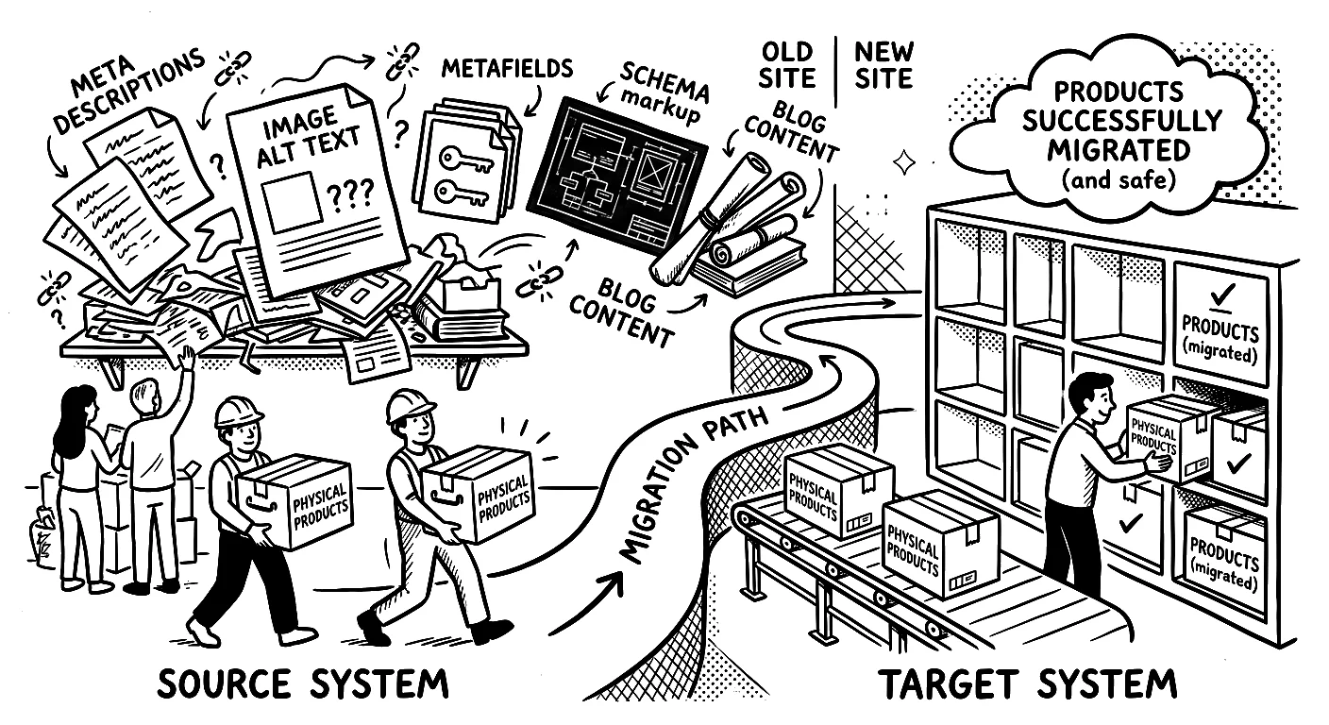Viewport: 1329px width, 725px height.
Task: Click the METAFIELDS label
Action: [x=507, y=70]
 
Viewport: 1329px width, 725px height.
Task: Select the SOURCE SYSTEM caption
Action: [x=303, y=683]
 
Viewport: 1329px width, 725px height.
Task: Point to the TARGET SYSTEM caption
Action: [x=1027, y=683]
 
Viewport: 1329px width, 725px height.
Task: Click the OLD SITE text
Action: [x=786, y=65]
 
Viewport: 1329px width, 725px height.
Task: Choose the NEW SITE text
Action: [x=883, y=65]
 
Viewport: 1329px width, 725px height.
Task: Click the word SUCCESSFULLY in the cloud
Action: [x=1121, y=122]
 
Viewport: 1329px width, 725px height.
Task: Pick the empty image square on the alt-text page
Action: [x=292, y=202]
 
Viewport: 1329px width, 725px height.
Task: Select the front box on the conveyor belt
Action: [x=941, y=546]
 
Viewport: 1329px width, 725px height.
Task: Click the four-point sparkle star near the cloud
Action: [x=903, y=162]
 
